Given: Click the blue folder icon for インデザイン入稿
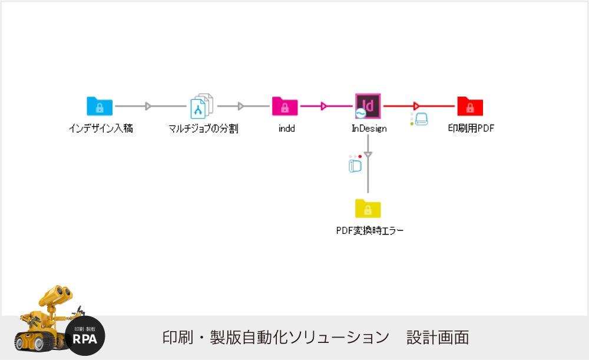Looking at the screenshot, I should point(100,107).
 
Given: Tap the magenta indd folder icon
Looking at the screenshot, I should point(285,107).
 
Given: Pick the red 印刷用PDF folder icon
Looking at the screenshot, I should point(470,107).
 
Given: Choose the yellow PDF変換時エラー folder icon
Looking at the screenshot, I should point(368,209).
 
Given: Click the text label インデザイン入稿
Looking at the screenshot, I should point(101,128).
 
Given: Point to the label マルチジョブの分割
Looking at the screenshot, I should point(203,128).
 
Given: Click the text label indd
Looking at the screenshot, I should point(286,128).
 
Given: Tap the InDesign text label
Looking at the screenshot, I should point(369,128).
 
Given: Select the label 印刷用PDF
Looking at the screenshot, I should point(471,128).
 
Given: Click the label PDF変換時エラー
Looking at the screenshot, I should point(370,231).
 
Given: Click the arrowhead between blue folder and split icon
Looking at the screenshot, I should point(148,106).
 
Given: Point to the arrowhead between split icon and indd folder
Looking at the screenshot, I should point(241,106).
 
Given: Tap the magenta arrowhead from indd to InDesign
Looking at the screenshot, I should point(323,106).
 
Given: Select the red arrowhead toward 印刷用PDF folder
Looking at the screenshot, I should point(416,106).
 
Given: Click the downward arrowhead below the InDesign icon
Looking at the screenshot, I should point(368,154).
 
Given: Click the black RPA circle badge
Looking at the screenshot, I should point(85,336).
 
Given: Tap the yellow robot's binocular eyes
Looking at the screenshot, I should point(59,293).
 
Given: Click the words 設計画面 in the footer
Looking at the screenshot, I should point(438,338).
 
